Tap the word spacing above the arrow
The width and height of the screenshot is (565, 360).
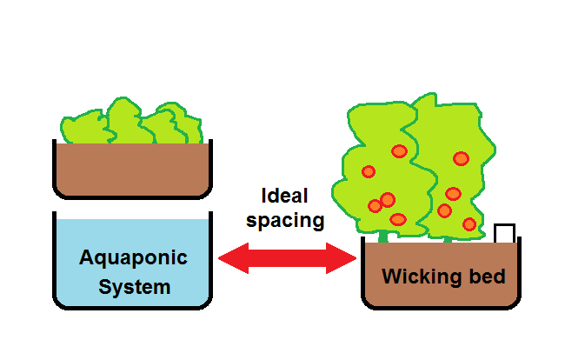tap(285, 220)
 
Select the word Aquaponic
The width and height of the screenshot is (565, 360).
tap(133, 258)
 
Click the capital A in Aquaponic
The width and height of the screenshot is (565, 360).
tap(86, 258)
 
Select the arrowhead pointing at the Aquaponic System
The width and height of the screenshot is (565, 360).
tap(229, 257)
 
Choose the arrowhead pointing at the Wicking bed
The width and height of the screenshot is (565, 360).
tap(347, 257)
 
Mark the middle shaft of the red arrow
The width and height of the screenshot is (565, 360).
tap(288, 257)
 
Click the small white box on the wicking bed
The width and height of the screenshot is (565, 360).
tap(504, 233)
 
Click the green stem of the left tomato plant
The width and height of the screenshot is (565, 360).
tap(382, 236)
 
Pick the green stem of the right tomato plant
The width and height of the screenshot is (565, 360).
tap(449, 236)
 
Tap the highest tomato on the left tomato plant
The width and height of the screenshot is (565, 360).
tap(399, 151)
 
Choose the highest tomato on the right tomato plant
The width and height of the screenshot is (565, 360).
tap(461, 158)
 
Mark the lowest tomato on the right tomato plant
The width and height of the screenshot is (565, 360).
tap(470, 224)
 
